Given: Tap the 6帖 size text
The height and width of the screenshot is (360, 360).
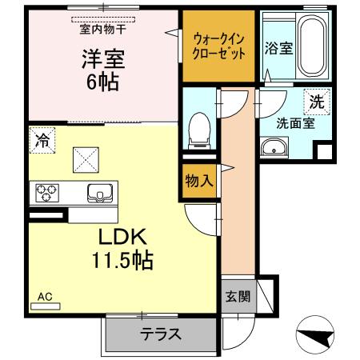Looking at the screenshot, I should (102, 82).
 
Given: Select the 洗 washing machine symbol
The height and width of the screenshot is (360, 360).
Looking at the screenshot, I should (316, 102).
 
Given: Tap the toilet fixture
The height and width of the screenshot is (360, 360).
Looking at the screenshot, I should (200, 130).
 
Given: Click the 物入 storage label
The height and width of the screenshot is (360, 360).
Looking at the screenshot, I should (198, 181).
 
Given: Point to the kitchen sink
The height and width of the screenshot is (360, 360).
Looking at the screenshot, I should (100, 193).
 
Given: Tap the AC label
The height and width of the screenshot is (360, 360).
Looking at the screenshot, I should (45, 297).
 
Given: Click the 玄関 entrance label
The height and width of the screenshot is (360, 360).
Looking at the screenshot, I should (237, 297).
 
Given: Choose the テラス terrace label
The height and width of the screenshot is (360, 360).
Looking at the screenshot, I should (160, 335).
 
